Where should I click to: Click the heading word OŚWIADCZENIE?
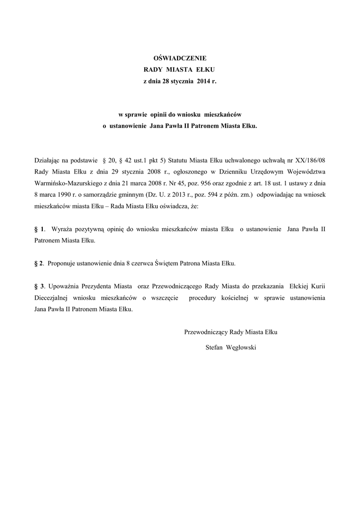[x=180, y=58]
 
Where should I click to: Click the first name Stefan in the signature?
[x=214, y=348]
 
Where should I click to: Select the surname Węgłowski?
[x=241, y=348]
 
